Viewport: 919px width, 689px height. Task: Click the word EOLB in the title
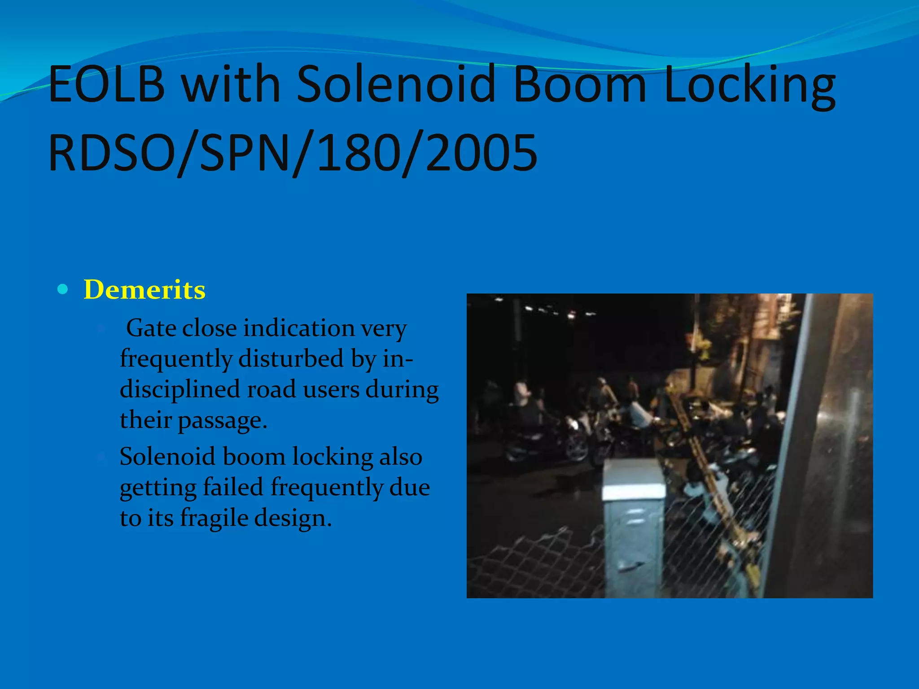(107, 84)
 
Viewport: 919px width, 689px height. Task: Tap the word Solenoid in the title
(395, 84)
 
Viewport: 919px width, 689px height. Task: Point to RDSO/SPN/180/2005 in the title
(293, 153)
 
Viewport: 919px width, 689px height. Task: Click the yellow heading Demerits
(144, 290)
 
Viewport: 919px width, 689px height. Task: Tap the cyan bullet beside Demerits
(63, 289)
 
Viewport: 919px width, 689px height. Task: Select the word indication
(299, 328)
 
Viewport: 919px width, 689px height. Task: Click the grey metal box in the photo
(634, 529)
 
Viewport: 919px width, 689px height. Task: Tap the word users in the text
(331, 389)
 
